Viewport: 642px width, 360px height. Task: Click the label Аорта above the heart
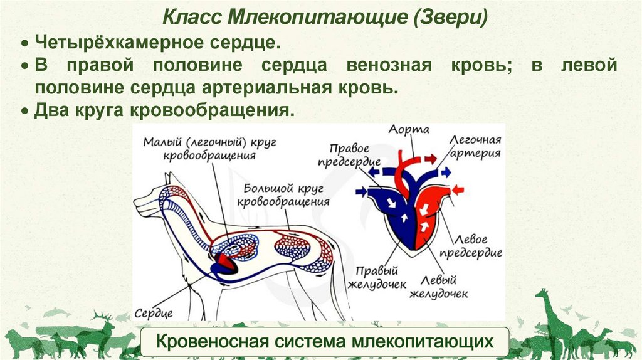[x=408, y=130]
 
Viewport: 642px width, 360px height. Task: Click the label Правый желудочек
[x=377, y=278]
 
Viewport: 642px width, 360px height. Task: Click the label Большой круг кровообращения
[x=284, y=195]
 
